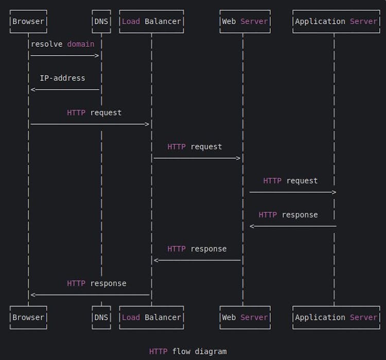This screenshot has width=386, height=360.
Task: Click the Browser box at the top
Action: (x=28, y=22)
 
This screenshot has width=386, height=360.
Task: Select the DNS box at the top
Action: (x=101, y=22)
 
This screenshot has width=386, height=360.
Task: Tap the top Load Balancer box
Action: (x=151, y=22)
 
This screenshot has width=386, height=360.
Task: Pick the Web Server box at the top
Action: (x=244, y=22)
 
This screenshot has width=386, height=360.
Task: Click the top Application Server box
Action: (x=336, y=22)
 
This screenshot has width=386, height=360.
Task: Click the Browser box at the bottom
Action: (x=28, y=317)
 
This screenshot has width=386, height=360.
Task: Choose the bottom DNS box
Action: (x=101, y=317)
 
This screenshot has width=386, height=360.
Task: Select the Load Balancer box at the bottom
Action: (x=151, y=317)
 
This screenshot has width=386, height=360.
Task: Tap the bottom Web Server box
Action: (x=244, y=317)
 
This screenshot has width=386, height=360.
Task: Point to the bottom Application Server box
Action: (x=336, y=317)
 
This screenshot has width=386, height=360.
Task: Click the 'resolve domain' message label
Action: (x=62, y=44)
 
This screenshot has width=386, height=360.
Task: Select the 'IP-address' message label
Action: (x=62, y=78)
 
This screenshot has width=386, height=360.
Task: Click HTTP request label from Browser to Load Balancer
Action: (x=94, y=112)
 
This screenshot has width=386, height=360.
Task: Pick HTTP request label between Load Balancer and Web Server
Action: (x=195, y=147)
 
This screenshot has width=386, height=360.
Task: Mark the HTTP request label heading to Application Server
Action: (x=290, y=181)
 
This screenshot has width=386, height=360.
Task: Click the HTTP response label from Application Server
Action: (x=288, y=215)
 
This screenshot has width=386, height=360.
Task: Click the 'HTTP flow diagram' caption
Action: (x=188, y=351)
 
